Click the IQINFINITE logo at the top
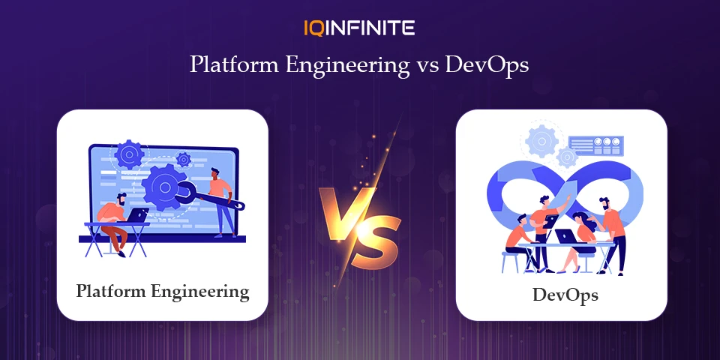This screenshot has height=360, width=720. (359, 28)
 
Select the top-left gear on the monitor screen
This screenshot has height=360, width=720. (130, 154)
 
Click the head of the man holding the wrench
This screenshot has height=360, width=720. (215, 173)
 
